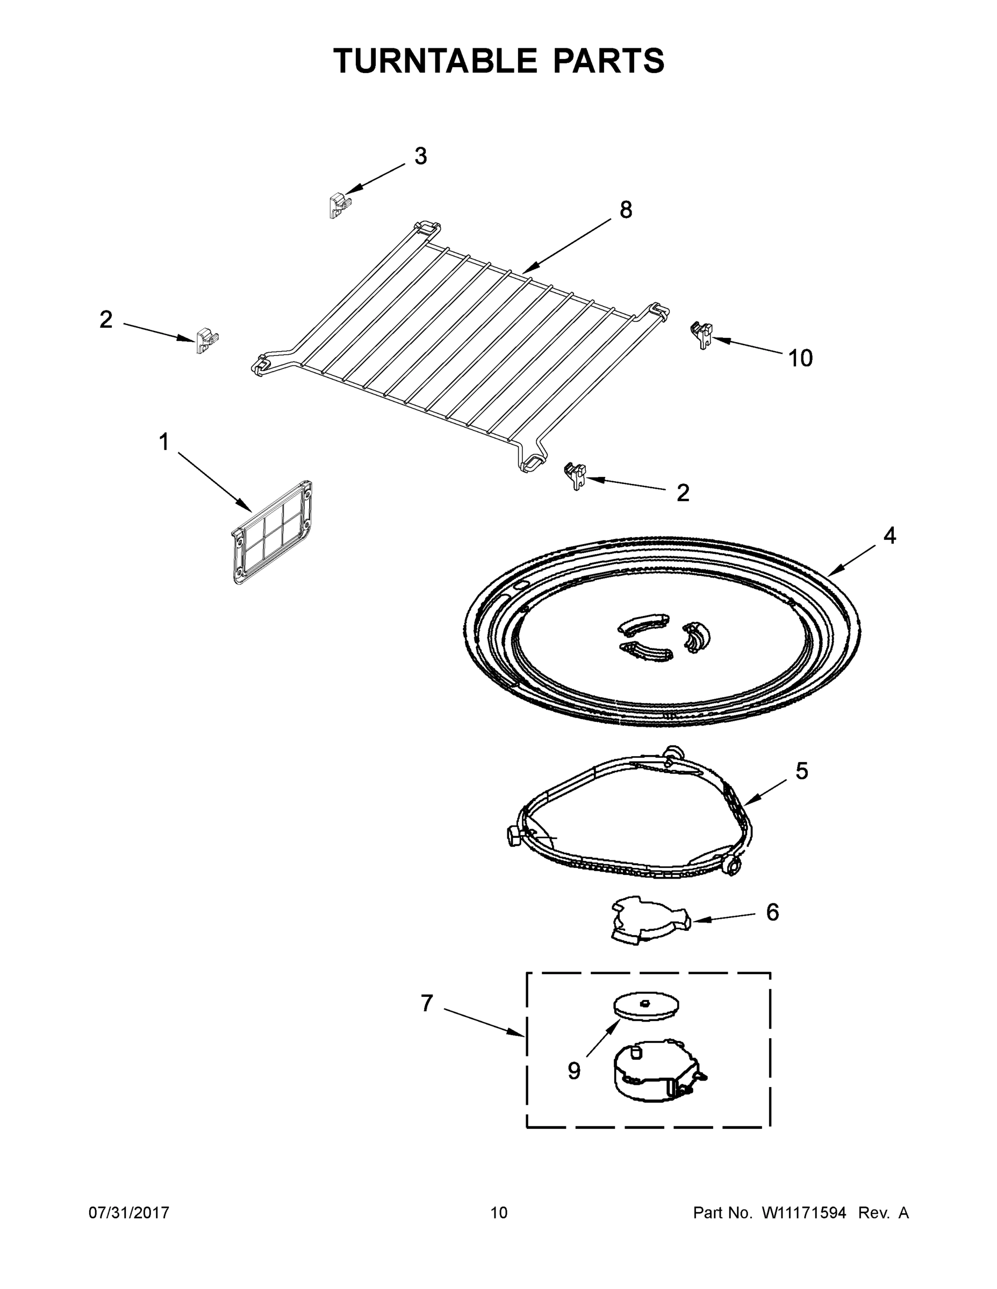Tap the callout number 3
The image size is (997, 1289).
(x=420, y=156)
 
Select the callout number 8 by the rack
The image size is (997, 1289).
(x=626, y=209)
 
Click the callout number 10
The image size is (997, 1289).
(x=800, y=358)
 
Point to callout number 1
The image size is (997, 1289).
(x=163, y=442)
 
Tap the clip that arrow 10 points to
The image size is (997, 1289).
(x=702, y=334)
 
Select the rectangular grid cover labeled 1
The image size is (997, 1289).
(x=272, y=532)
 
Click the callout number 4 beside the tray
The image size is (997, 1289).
(x=890, y=535)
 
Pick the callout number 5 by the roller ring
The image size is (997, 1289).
(x=801, y=771)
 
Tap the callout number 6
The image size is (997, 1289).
(x=772, y=913)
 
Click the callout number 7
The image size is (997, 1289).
(x=427, y=1003)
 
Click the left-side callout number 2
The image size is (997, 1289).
(x=106, y=320)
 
